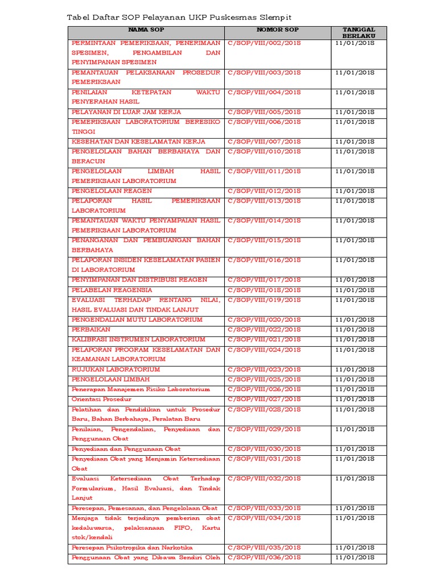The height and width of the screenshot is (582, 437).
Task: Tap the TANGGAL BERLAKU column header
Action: [358, 32]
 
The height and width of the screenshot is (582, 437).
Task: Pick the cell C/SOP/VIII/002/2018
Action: [265, 43]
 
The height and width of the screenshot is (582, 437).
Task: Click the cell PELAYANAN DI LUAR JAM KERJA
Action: [126, 112]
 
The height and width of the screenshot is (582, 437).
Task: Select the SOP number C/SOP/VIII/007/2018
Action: [265, 142]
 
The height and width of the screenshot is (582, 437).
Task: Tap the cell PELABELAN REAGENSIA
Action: [112, 290]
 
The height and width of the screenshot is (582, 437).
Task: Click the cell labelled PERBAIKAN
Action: [91, 330]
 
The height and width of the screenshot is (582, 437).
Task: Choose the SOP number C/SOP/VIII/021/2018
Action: [265, 339]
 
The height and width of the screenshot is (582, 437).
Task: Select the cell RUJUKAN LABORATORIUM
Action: [116, 369]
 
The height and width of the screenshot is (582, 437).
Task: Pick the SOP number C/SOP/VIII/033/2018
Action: [265, 508]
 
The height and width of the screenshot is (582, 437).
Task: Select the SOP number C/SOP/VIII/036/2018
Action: [265, 558]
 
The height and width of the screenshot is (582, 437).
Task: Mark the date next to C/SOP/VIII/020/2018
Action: [354, 320]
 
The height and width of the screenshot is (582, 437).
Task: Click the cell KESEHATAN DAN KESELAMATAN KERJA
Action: [138, 142]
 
